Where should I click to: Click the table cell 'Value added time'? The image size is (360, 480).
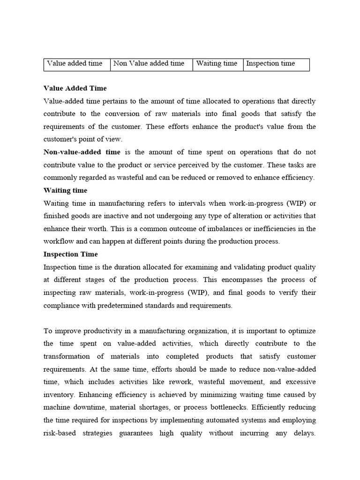[75, 64]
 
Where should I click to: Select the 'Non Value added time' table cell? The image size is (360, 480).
[149, 64]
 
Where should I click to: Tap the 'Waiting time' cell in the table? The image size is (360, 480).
[217, 64]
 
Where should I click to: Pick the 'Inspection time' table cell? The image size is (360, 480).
[270, 64]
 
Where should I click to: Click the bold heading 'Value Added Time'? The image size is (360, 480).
[75, 88]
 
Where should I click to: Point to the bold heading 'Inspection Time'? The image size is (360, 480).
[71, 255]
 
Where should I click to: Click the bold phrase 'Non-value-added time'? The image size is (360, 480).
[82, 152]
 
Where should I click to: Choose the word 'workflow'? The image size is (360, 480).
[59, 241]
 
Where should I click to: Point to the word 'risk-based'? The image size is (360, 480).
[60, 434]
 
